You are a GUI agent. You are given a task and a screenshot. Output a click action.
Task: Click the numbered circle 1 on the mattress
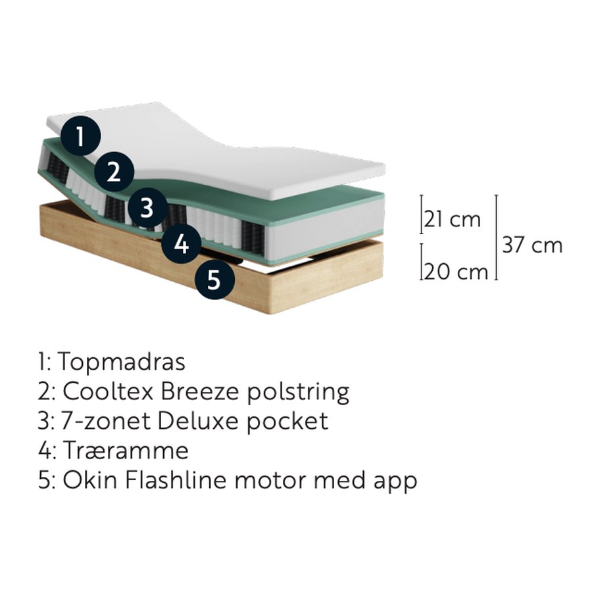point(80,136)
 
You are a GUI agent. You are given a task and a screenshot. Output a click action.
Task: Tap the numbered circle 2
point(114,172)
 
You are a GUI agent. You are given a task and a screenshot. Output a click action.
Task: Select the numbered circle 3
point(147,208)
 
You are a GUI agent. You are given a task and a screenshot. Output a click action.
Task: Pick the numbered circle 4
point(182,243)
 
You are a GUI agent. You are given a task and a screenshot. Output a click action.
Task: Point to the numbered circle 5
point(215,280)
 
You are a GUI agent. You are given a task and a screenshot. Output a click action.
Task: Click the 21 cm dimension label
point(453,219)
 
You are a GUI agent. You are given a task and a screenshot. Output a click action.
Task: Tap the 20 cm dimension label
point(456,272)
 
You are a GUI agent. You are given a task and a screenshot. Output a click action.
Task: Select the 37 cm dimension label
point(532,245)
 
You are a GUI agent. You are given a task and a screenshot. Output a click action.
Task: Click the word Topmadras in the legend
point(122,362)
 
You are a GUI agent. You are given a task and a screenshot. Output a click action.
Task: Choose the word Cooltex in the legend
point(108,391)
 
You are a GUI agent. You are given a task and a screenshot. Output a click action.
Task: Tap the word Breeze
point(200,391)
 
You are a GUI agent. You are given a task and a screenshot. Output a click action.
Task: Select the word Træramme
point(126,451)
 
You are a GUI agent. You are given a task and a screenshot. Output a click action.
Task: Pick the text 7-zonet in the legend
point(105,422)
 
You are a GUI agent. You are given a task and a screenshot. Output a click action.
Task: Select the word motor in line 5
point(270,481)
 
